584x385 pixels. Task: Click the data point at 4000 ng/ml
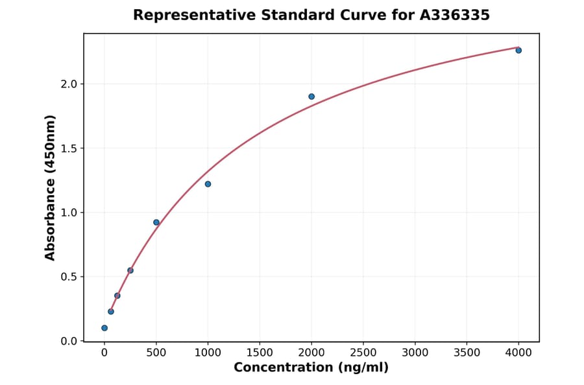click(x=518, y=50)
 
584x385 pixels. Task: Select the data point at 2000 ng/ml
click(x=311, y=97)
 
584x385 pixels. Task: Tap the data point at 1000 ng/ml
click(x=208, y=184)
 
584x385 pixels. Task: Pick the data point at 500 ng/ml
click(x=156, y=222)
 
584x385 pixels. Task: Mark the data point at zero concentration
click(x=104, y=328)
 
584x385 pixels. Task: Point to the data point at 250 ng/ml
click(x=130, y=270)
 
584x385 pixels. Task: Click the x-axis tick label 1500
click(x=260, y=353)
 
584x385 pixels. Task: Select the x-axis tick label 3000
click(x=415, y=353)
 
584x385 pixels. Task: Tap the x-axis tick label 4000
click(x=518, y=353)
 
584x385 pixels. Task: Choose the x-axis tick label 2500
click(x=363, y=353)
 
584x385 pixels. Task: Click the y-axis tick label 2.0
click(x=69, y=84)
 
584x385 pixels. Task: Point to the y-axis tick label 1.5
click(x=69, y=148)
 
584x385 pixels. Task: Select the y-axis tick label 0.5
click(x=69, y=277)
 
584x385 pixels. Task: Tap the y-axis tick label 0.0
click(x=69, y=341)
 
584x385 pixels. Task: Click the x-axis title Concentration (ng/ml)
click(x=311, y=368)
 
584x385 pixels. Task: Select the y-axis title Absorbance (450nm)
click(x=51, y=187)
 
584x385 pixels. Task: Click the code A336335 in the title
click(x=455, y=15)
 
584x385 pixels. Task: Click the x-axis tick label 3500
click(x=467, y=353)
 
